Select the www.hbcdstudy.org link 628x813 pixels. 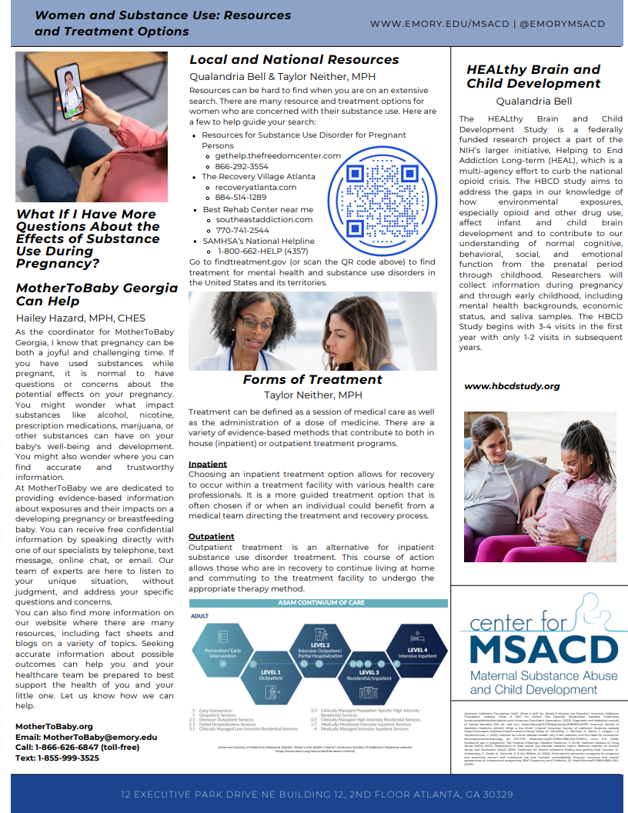512,386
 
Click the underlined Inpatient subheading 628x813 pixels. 208,465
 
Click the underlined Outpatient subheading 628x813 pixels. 212,536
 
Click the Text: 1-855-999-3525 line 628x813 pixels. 57,758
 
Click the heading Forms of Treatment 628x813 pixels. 312,379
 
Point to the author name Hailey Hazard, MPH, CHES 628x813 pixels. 81,318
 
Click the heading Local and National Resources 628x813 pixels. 294,60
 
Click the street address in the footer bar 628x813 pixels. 317,794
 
